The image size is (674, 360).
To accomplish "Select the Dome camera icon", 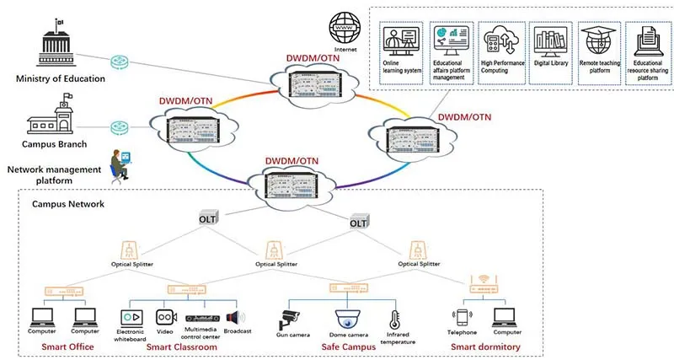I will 346,319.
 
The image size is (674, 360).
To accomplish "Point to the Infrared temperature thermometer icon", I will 393,319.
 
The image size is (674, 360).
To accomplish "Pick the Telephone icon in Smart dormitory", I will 460,318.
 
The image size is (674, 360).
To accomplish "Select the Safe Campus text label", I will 347,347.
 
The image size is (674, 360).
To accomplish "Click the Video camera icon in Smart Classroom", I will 164,317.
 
